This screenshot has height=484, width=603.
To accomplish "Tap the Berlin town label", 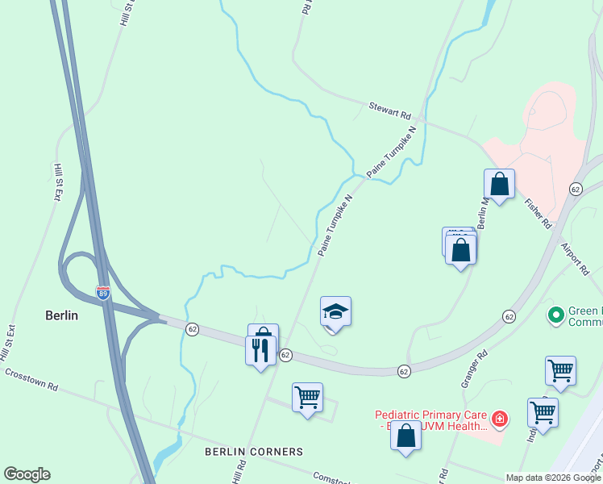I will point(61,315).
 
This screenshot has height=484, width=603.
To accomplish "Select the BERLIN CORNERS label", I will point(254,451).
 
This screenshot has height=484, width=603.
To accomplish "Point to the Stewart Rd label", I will point(390,111).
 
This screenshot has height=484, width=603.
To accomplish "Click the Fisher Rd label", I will point(537,213).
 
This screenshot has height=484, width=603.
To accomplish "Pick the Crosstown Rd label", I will point(31,380).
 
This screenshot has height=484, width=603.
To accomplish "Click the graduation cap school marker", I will point(335,312).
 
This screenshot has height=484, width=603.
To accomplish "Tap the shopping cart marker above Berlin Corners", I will point(307,397).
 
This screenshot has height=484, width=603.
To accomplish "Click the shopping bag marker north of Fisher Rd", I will point(500,184).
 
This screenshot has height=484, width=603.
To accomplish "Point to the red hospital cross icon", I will point(500,419).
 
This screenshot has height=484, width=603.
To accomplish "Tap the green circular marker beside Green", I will point(555,315).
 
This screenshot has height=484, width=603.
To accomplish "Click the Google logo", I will point(27,474).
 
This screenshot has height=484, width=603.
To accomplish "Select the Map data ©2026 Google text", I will point(553,478).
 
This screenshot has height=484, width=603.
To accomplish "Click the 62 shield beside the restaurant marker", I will point(285,355).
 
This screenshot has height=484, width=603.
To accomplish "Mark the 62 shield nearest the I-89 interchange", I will point(192,329).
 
